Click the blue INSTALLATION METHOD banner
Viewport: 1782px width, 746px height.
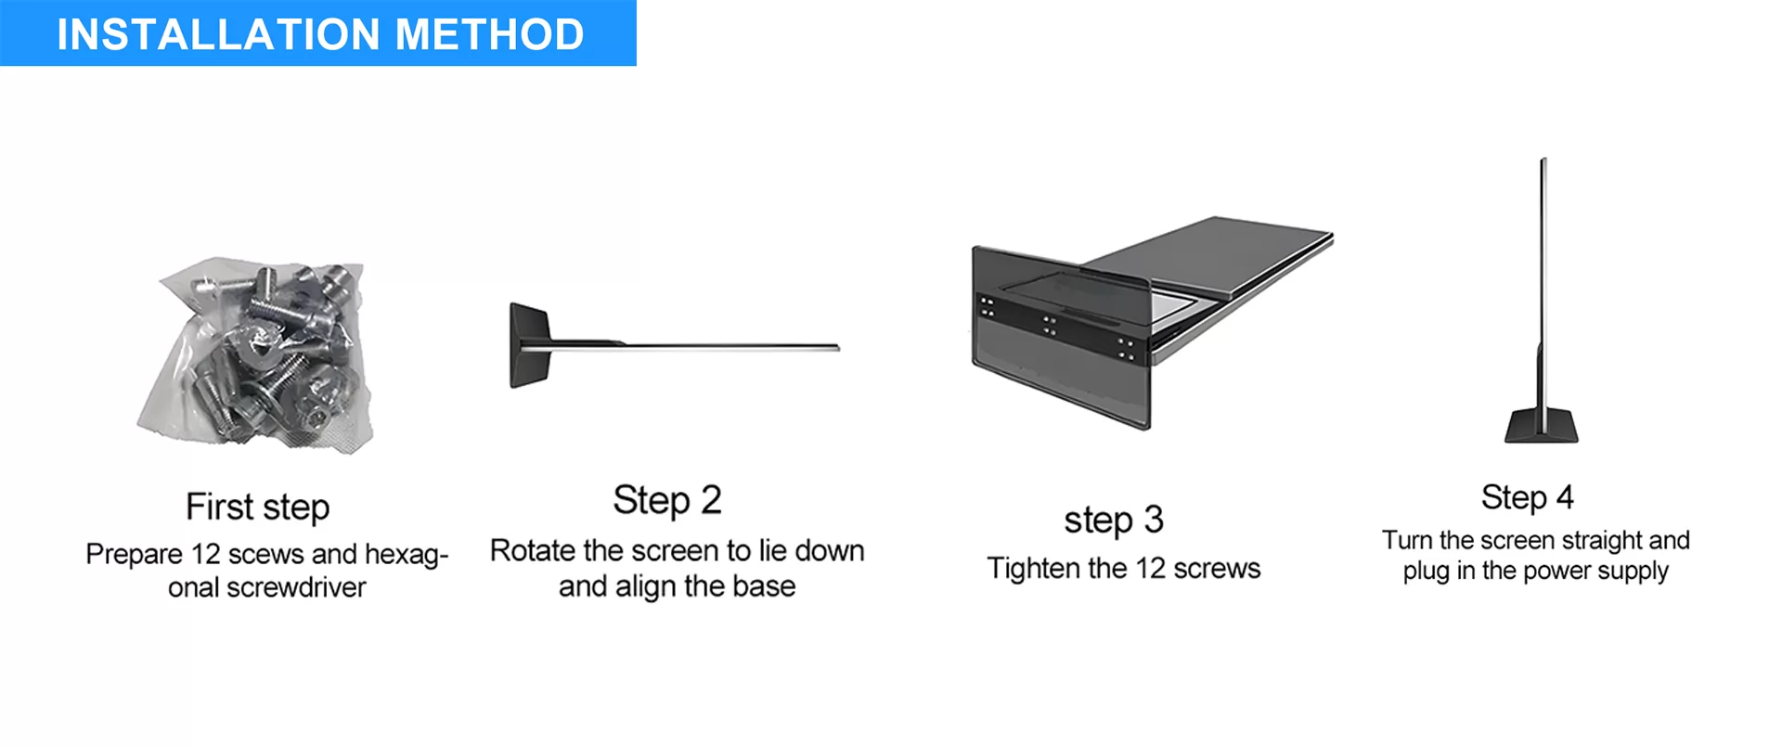click(318, 33)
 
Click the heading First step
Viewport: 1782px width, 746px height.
click(258, 508)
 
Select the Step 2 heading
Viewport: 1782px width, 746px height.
click(667, 500)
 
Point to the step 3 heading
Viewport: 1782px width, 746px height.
click(1114, 520)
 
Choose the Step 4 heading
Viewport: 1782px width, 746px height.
click(1528, 497)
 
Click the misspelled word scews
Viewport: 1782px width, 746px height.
click(266, 554)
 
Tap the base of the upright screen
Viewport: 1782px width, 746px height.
click(1542, 424)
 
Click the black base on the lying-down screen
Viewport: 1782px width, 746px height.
click(530, 345)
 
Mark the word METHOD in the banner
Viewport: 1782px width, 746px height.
click(490, 34)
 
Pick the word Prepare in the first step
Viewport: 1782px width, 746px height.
click(134, 555)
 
